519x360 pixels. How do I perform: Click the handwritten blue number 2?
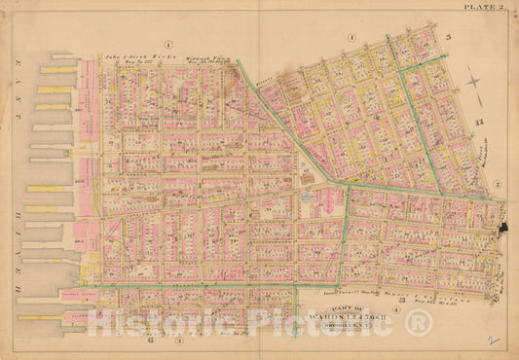pyautogui.click(x=497, y=342)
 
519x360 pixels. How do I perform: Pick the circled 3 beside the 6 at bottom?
pyautogui.click(x=178, y=341)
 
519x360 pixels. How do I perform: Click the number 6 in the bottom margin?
pyautogui.click(x=150, y=341)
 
